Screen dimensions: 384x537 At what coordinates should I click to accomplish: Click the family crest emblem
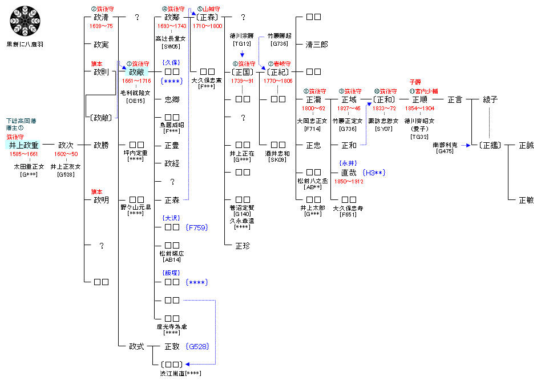pos(24,22)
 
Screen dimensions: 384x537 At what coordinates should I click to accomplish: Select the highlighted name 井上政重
pos(23,145)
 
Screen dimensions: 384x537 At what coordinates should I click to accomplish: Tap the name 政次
pos(66,145)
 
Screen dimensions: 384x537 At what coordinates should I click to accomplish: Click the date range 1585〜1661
pos(23,154)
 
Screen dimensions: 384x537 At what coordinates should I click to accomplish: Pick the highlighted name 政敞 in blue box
pos(136,72)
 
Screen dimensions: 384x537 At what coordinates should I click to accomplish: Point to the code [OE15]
pos(136,101)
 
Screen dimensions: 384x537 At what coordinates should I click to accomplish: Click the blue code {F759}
pos(197,227)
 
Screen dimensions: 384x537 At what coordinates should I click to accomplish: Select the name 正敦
pos(172,346)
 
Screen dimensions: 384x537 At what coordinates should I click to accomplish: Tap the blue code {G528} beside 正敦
pos(197,346)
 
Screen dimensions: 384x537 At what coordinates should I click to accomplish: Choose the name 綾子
pos(490,99)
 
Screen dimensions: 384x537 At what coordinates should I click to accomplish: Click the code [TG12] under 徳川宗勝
pos(243,44)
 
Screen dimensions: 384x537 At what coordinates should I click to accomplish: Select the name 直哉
pos(349,173)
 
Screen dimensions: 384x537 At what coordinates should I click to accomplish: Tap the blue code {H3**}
pos(374,173)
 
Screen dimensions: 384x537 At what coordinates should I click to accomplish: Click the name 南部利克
pos(445,145)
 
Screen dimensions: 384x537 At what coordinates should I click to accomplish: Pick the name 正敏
pos(526,200)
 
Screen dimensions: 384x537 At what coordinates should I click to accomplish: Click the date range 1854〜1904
pos(419,108)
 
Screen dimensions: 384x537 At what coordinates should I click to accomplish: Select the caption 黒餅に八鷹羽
pos(24,44)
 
